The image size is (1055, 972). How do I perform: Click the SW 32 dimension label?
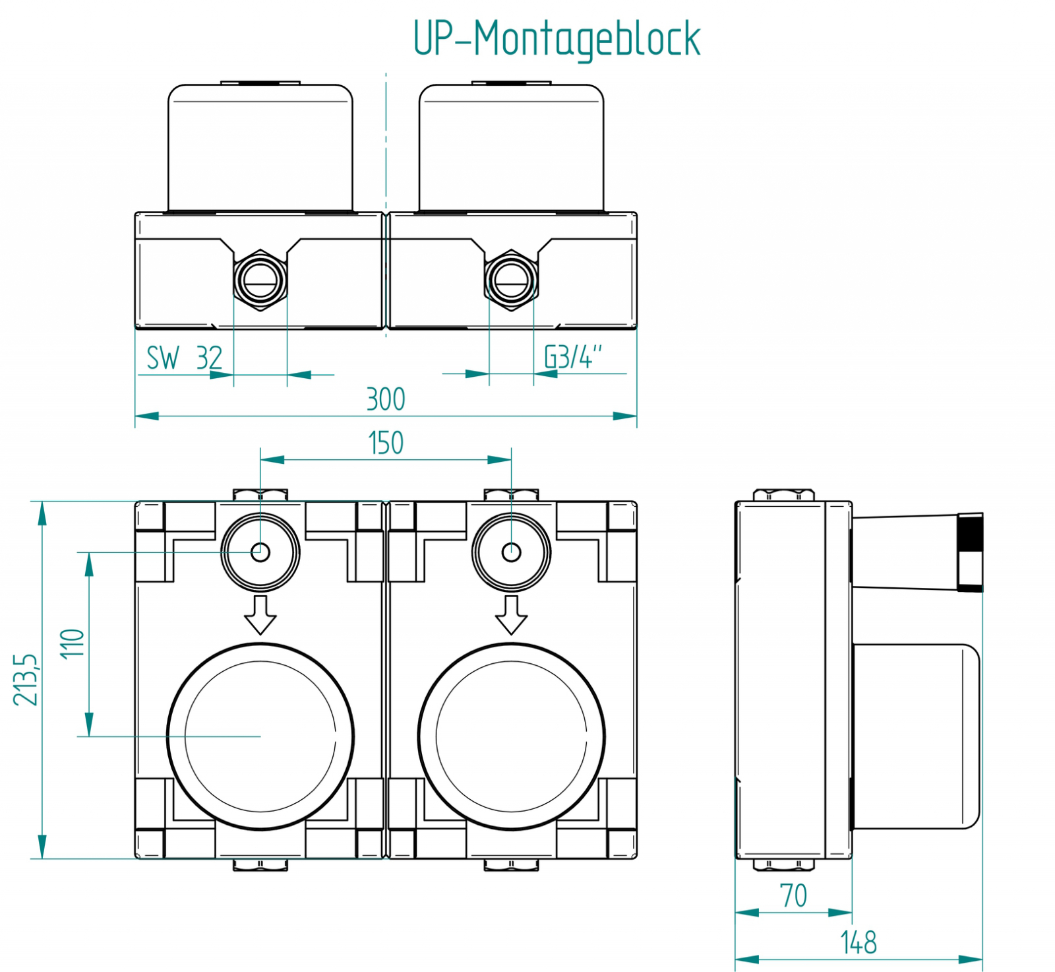click(184, 358)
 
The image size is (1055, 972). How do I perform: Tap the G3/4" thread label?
click(572, 357)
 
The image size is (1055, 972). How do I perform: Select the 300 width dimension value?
click(386, 399)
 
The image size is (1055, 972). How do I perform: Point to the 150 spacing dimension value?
click(386, 443)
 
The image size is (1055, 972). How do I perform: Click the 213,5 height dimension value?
click(27, 680)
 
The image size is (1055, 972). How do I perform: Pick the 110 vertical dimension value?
click(73, 643)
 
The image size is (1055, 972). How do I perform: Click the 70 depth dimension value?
click(793, 895)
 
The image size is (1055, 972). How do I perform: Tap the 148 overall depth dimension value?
click(859, 942)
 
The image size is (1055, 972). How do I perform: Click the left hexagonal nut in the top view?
click(260, 280)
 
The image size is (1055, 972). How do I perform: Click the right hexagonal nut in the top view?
click(511, 280)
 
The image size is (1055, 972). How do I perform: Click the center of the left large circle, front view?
click(260, 736)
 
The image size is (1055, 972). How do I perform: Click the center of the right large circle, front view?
click(511, 736)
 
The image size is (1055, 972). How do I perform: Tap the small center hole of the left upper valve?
click(260, 552)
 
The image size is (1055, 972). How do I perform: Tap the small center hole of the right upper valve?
click(511, 552)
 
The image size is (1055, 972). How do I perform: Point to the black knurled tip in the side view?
click(970, 552)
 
